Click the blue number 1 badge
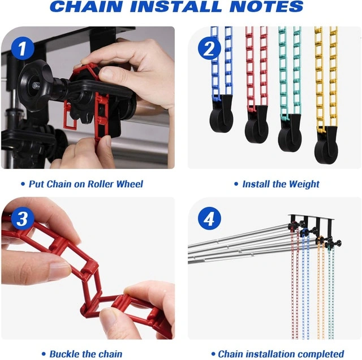tap(23, 49)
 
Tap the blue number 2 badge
tap(209, 49)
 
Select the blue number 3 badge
tap(23, 218)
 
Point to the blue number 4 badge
tap(209, 218)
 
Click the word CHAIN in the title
tap(86, 6)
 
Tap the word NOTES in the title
tap(266, 6)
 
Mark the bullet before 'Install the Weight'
tap(236, 184)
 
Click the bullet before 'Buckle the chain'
tap(44, 354)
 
